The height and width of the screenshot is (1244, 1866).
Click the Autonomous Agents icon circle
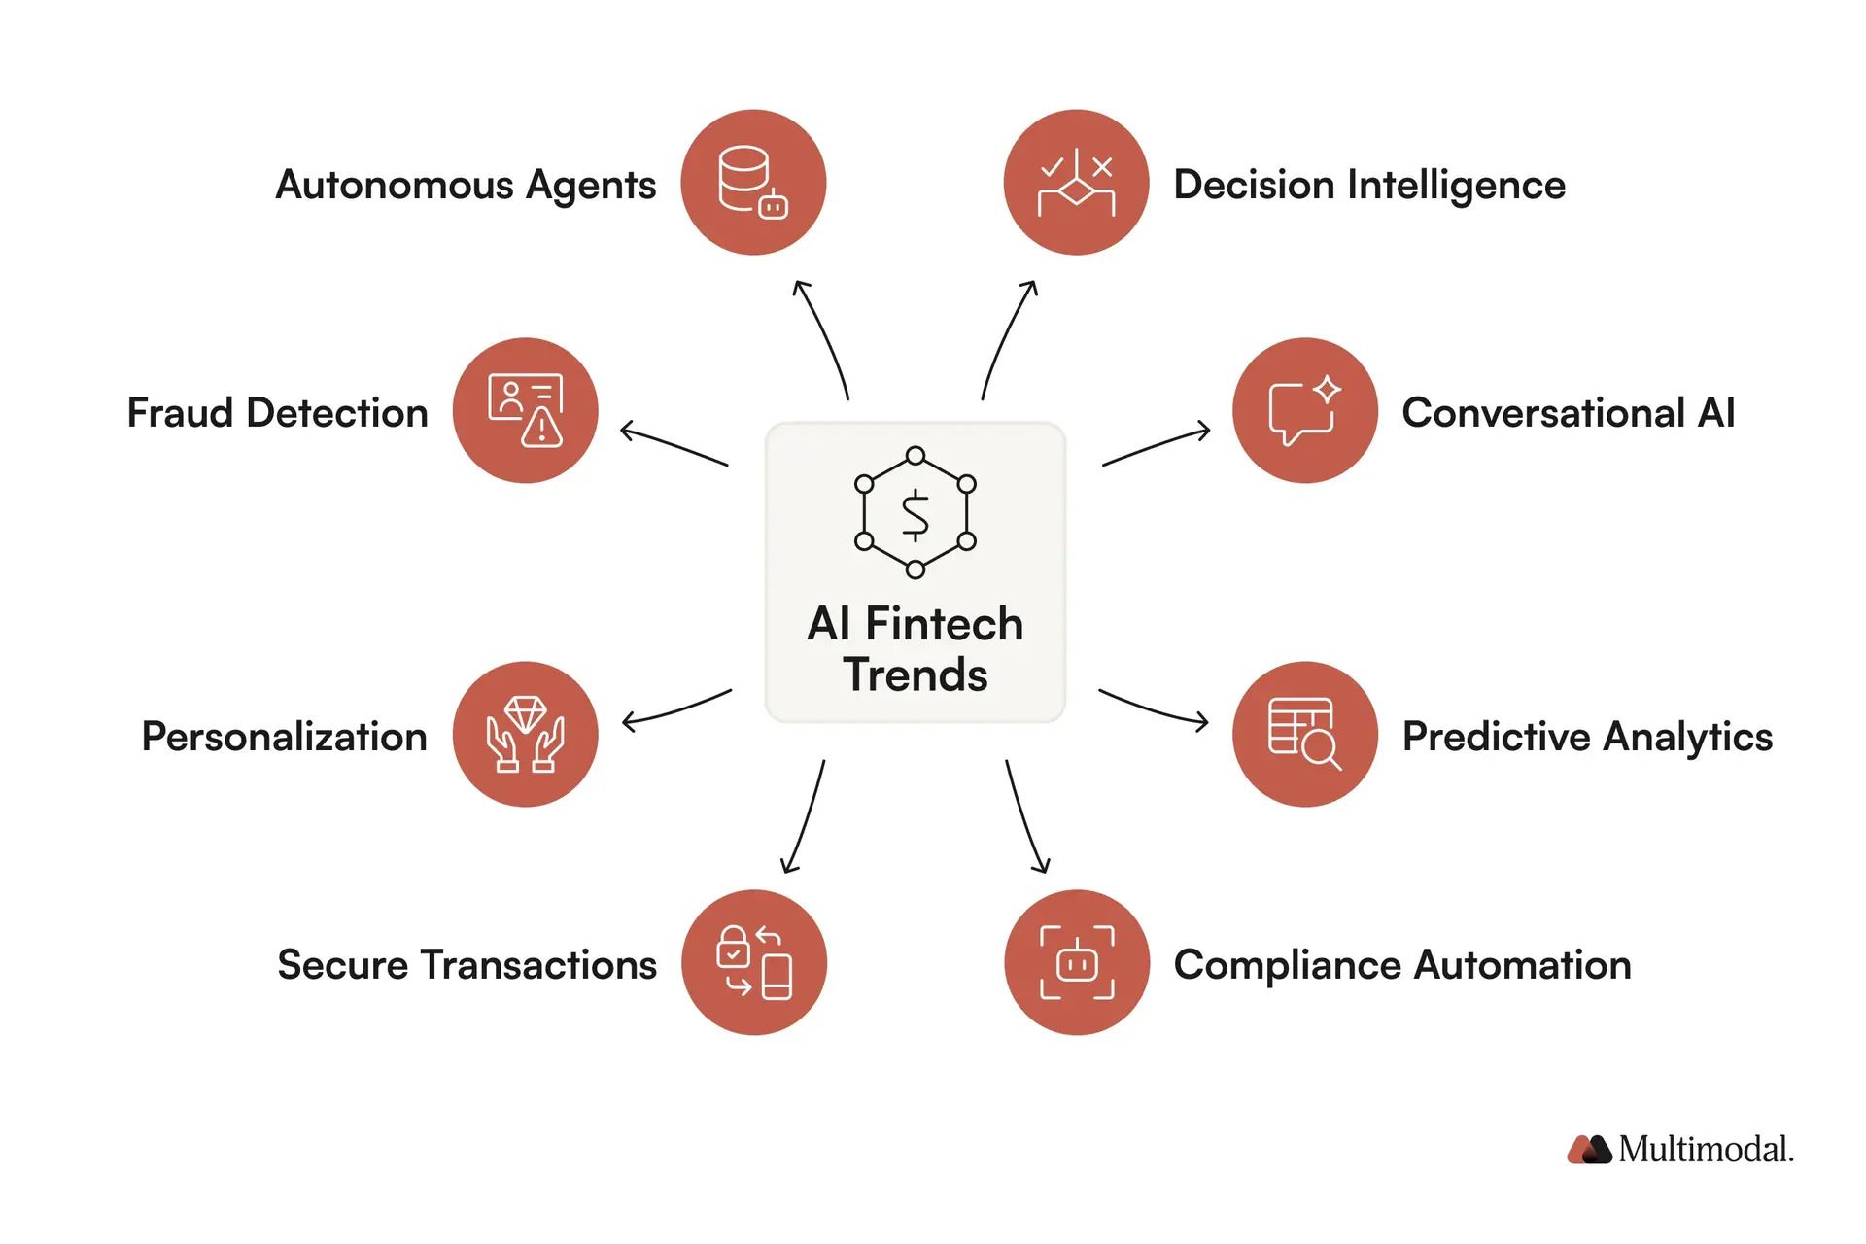753,183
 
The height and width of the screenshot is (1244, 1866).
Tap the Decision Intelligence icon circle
1076,183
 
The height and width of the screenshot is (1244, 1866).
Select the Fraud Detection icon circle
526,410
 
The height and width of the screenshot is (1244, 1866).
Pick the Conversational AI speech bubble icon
1304,410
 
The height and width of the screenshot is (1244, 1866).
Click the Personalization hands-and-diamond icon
526,734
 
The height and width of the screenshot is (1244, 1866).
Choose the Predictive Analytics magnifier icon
1304,734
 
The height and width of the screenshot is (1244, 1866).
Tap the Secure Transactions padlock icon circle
754,962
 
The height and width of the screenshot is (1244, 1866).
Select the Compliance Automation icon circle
1076,962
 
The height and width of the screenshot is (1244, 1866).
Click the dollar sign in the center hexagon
915,514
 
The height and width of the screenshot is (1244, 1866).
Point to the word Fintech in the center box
944,624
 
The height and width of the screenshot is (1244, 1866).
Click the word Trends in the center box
916,674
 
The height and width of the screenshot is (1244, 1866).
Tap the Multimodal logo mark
1589,1150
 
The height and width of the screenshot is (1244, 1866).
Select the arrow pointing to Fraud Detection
674,446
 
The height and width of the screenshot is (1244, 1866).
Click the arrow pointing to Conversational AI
1157,446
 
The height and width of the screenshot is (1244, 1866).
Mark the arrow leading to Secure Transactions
805,817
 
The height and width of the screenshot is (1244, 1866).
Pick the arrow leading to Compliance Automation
1026,817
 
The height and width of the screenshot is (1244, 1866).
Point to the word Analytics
1687,737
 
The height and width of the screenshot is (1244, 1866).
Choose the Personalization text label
284,737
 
